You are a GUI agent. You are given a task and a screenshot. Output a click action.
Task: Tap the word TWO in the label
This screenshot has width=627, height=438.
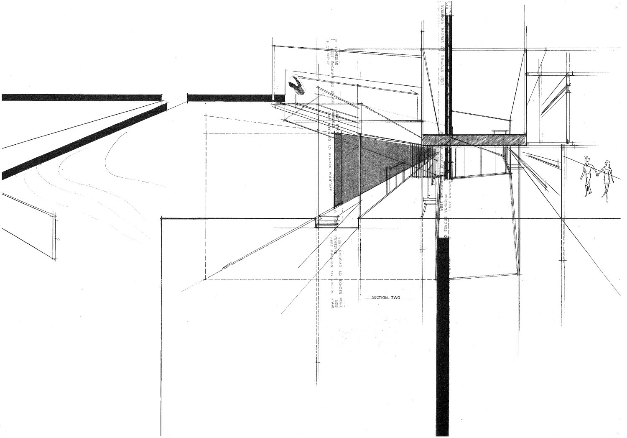click(396, 298)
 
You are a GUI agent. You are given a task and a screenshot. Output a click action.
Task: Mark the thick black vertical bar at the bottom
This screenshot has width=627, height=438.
click(442, 335)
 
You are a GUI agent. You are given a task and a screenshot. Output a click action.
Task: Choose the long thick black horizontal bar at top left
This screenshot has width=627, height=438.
click(82, 97)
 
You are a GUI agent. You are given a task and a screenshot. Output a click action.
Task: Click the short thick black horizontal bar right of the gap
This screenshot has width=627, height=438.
click(230, 97)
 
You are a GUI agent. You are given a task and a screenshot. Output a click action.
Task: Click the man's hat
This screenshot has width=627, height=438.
click(587, 157)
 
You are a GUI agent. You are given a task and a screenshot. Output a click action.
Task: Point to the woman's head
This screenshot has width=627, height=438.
click(607, 163)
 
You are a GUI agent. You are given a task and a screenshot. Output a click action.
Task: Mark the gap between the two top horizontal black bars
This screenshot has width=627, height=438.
click(174, 97)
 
